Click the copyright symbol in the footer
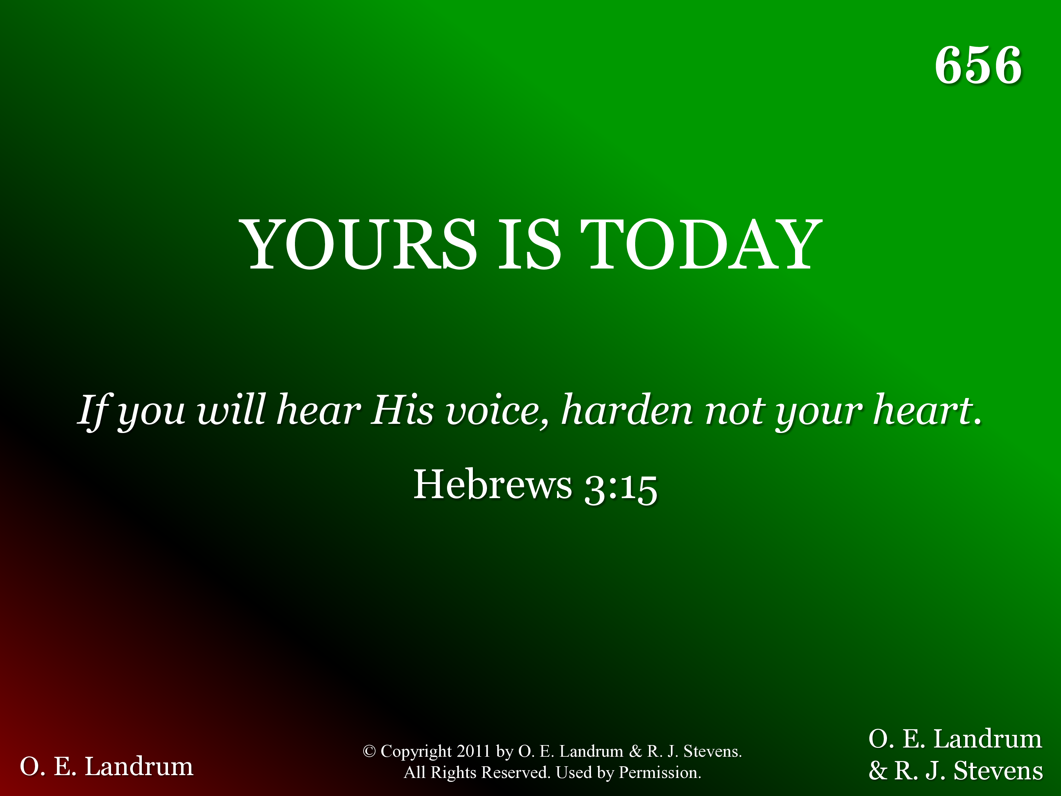[369, 751]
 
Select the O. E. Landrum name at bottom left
[106, 766]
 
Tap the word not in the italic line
[734, 411]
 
